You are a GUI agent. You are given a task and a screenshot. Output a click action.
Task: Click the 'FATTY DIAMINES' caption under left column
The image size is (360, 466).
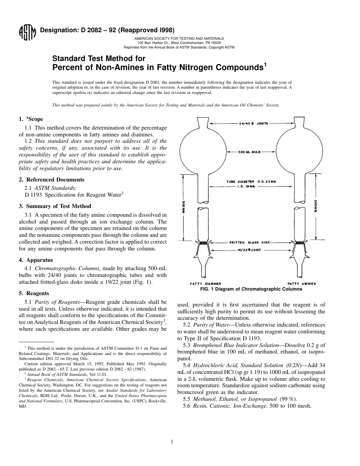pyautogui.click(x=205, y=283)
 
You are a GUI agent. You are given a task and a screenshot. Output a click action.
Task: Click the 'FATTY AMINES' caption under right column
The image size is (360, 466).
pyautogui.click(x=302, y=283)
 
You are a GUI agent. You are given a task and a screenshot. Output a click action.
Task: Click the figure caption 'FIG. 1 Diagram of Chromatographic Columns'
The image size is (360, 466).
pyautogui.click(x=251, y=289)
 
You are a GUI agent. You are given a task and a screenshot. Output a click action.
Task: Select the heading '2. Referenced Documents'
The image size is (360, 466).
pyautogui.click(x=52, y=180)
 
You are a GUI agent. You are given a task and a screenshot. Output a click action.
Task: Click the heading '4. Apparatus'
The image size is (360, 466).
pyautogui.click(x=36, y=260)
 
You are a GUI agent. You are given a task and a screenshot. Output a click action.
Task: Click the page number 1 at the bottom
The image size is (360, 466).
pyautogui.click(x=172, y=441)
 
